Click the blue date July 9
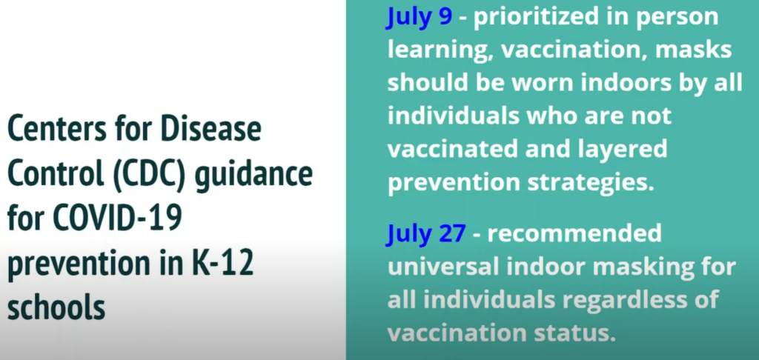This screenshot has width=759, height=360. [x=420, y=19]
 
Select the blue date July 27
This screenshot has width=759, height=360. [x=426, y=234]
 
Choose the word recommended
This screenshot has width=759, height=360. [x=574, y=234]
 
